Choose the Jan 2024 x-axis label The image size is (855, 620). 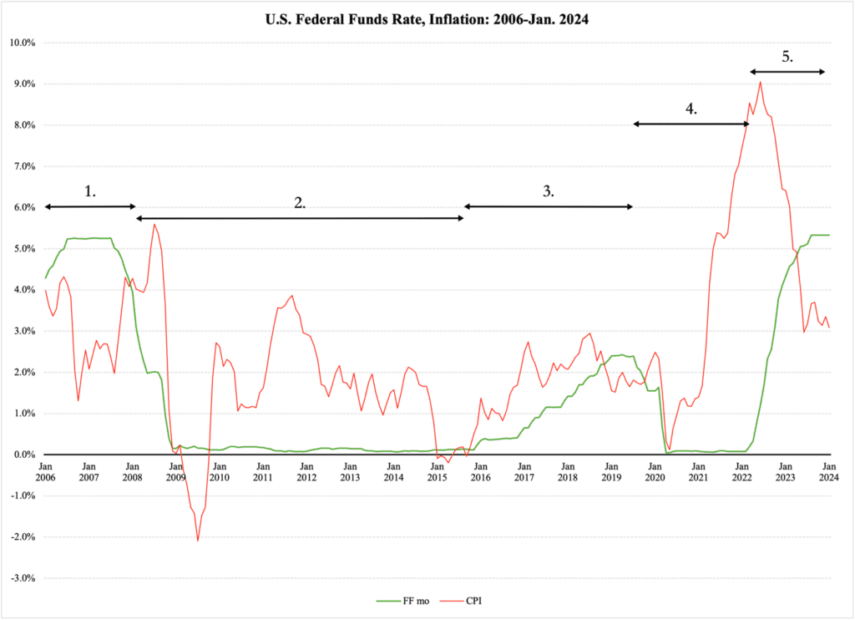828,471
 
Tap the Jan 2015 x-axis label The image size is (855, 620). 437,471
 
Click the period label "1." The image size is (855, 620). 90,191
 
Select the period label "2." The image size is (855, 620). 300,202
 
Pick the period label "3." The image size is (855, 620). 548,191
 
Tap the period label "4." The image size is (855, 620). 691,109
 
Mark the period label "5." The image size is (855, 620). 787,57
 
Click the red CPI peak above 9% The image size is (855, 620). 760,82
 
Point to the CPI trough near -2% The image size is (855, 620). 198,540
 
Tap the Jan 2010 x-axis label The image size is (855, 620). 219,471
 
